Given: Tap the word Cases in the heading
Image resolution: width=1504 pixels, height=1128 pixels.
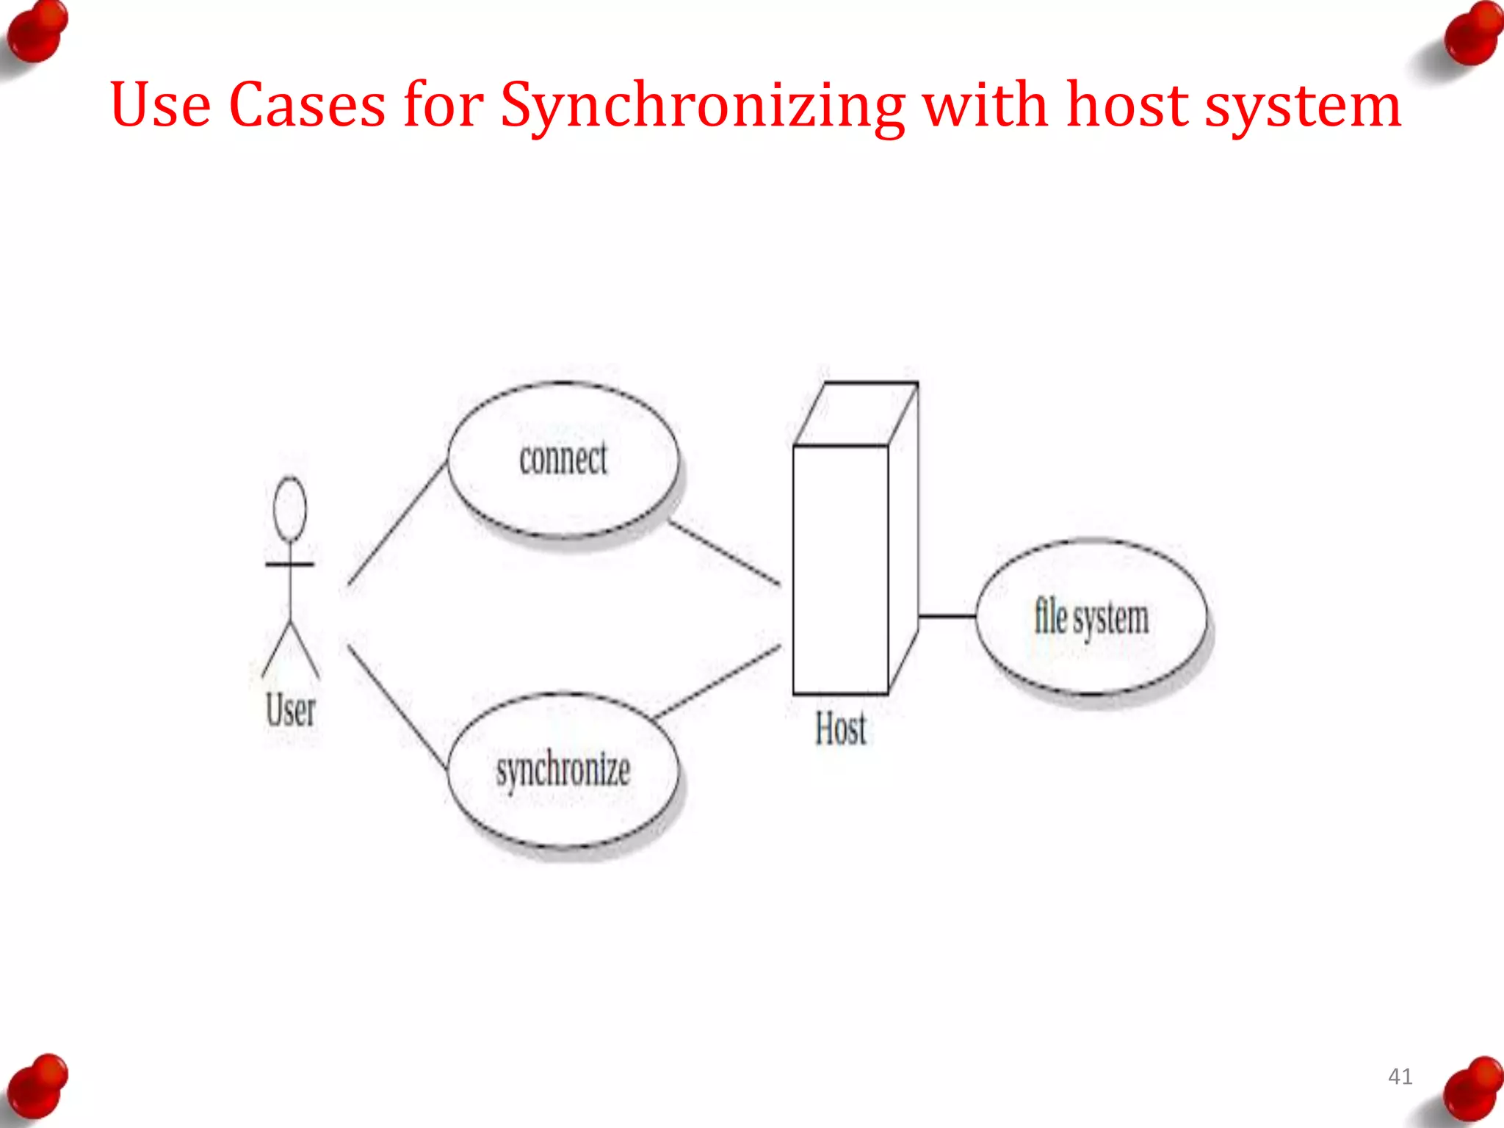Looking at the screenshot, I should (307, 105).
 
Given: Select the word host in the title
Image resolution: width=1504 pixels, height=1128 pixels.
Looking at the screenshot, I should (1127, 105).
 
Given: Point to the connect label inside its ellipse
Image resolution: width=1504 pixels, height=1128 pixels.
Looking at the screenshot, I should (563, 459).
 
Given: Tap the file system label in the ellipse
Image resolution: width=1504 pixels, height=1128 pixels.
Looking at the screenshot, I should (1091, 618).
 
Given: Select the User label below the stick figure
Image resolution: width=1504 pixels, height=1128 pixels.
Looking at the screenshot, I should (291, 710).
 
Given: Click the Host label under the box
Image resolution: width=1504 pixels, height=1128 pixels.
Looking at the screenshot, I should (841, 728).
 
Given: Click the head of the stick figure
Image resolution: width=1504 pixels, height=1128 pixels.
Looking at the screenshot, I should (290, 509).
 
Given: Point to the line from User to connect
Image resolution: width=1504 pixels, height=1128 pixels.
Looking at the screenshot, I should (397, 524).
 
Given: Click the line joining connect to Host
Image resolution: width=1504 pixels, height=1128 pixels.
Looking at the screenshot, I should (725, 553).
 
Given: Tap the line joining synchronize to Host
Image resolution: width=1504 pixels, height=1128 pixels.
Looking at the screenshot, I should (717, 681).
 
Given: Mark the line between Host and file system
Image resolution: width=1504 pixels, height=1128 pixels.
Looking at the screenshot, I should (947, 616).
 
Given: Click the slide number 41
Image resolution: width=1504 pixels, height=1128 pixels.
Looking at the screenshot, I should (1400, 1077).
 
